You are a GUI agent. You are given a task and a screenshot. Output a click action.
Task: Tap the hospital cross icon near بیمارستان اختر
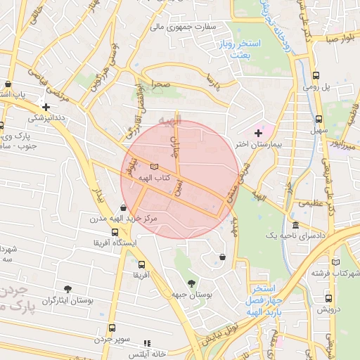pos(258,132)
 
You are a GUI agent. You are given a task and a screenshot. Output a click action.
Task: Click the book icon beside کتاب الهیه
pos(154,166)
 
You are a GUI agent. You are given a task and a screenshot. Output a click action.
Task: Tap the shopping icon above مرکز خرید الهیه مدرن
pos(124,207)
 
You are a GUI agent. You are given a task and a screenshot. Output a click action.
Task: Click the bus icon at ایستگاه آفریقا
pos(115,232)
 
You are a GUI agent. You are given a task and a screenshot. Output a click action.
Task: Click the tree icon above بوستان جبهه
pos(191,283)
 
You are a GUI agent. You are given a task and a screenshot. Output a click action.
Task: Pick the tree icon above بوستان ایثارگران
pos(67,288)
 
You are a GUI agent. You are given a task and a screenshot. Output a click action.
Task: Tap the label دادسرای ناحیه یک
pos(295,237)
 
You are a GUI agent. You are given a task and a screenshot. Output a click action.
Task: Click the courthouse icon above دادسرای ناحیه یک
pos(295,225)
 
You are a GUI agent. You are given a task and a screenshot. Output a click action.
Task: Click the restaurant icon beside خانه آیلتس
pos(147,342)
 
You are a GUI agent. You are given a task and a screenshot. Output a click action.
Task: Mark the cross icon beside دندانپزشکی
pos(46,108)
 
